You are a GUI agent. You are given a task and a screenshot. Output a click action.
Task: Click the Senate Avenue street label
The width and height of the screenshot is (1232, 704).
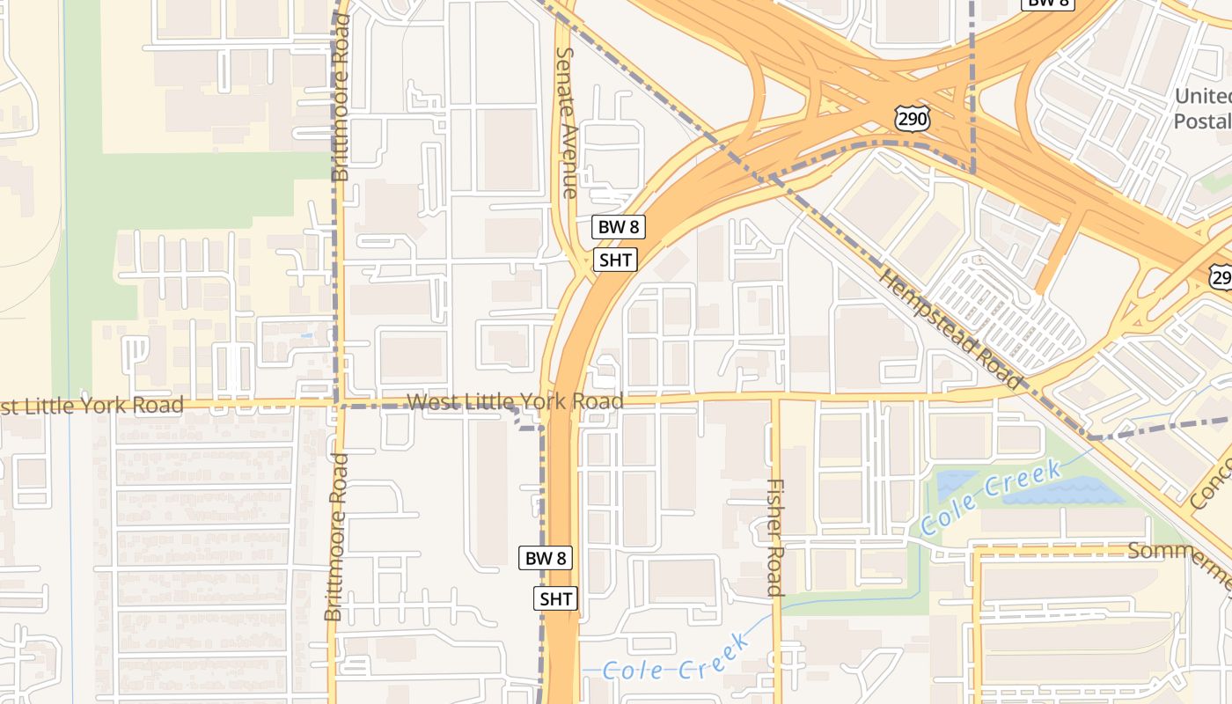tap(568, 122)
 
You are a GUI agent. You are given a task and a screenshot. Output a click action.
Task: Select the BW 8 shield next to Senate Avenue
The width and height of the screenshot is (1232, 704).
tap(618, 227)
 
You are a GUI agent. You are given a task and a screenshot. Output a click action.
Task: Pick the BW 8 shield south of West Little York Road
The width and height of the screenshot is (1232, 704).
tap(546, 557)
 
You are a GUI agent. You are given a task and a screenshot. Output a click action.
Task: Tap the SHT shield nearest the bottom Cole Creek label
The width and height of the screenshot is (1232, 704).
tap(556, 599)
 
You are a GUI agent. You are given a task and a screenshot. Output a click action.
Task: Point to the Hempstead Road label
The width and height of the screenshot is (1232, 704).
tap(950, 328)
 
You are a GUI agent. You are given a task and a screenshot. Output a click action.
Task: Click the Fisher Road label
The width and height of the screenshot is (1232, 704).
tap(774, 537)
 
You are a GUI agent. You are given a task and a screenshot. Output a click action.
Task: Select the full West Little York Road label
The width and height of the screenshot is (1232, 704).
tap(515, 402)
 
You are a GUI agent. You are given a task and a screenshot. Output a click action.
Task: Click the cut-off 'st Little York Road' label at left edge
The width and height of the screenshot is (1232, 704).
tap(92, 406)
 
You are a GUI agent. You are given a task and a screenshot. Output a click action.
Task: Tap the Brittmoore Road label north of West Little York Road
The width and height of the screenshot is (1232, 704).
tap(341, 98)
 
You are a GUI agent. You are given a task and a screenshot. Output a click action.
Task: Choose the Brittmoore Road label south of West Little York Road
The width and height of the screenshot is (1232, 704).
tap(334, 537)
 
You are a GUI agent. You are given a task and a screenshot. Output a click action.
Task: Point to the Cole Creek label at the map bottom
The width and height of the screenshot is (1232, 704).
tap(678, 660)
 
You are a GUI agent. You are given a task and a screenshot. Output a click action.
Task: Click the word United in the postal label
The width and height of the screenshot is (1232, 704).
tap(1204, 96)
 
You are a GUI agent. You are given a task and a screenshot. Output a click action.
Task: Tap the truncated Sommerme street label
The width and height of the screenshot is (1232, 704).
tap(1181, 554)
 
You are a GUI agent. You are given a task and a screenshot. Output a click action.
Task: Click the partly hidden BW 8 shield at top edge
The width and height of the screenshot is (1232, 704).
tap(1048, 3)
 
